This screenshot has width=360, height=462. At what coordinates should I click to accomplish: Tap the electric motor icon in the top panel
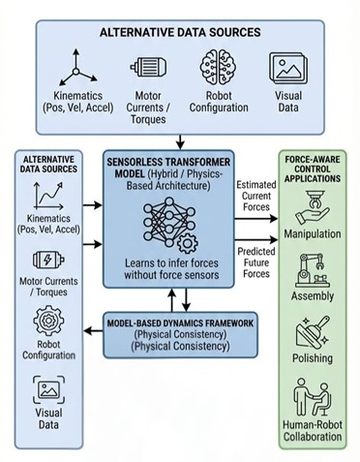[x=148, y=67]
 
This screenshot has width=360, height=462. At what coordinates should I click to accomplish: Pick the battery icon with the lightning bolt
[x=45, y=260]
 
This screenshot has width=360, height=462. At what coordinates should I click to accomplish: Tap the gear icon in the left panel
[x=45, y=320]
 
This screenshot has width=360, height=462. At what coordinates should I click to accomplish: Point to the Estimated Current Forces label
[x=255, y=193]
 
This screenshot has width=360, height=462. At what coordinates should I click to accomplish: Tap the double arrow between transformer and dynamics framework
[x=174, y=300]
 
